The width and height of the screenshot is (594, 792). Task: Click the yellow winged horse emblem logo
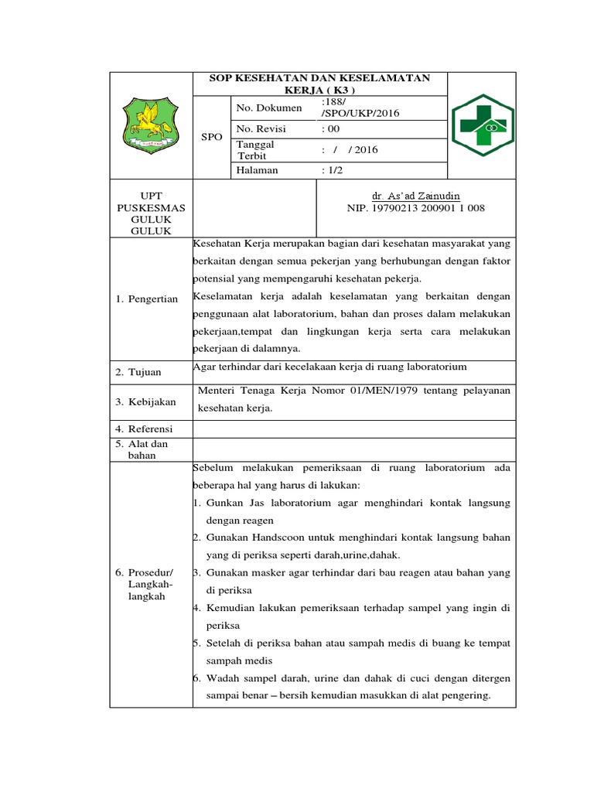(151, 125)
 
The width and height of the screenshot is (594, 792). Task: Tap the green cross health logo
(481, 125)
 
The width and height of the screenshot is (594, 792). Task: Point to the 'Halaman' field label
(257, 170)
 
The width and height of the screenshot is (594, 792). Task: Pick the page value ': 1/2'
(335, 170)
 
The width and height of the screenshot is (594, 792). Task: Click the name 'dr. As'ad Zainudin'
(415, 196)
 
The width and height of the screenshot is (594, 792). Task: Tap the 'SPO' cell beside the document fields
(211, 136)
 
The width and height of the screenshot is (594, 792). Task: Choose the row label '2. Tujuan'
(138, 372)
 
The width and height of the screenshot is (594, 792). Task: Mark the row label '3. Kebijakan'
(145, 401)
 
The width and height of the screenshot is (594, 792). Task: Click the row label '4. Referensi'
(145, 428)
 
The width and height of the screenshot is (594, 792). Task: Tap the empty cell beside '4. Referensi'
(353, 428)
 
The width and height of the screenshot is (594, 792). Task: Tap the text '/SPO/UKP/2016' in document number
(357, 114)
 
